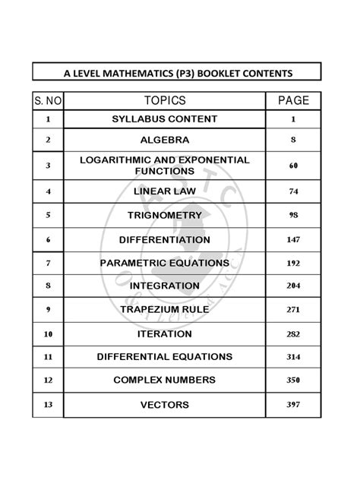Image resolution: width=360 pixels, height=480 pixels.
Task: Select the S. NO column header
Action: click(48, 101)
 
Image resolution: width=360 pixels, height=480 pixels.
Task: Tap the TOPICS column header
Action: click(164, 101)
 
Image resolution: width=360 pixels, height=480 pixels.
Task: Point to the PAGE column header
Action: click(293, 101)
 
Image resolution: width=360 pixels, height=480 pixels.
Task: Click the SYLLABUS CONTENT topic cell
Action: click(164, 119)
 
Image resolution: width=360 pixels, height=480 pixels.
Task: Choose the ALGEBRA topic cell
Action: click(164, 140)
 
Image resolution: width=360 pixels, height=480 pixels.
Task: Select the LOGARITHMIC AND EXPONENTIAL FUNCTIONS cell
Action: click(164, 166)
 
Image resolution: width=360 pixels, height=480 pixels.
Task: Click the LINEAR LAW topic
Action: click(164, 191)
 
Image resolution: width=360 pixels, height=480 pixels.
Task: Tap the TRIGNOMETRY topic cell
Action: click(164, 215)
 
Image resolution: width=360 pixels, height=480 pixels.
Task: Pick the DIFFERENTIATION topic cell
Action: click(164, 239)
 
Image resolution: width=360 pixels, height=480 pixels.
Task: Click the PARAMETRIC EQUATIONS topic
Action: click(164, 263)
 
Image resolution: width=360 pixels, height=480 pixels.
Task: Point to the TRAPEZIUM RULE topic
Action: click(164, 309)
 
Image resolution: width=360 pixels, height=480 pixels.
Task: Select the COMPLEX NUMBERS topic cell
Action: click(164, 380)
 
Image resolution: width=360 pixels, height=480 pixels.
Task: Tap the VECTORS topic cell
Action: click(164, 405)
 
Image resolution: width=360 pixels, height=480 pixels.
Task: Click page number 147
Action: click(293, 239)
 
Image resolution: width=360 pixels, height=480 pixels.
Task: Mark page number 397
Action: click(293, 404)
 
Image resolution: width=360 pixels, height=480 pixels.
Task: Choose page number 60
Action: click(293, 166)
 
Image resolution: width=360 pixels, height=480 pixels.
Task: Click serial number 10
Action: click(48, 333)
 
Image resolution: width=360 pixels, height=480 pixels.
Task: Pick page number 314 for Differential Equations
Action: click(293, 356)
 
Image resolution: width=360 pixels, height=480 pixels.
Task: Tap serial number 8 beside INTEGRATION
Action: click(48, 286)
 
